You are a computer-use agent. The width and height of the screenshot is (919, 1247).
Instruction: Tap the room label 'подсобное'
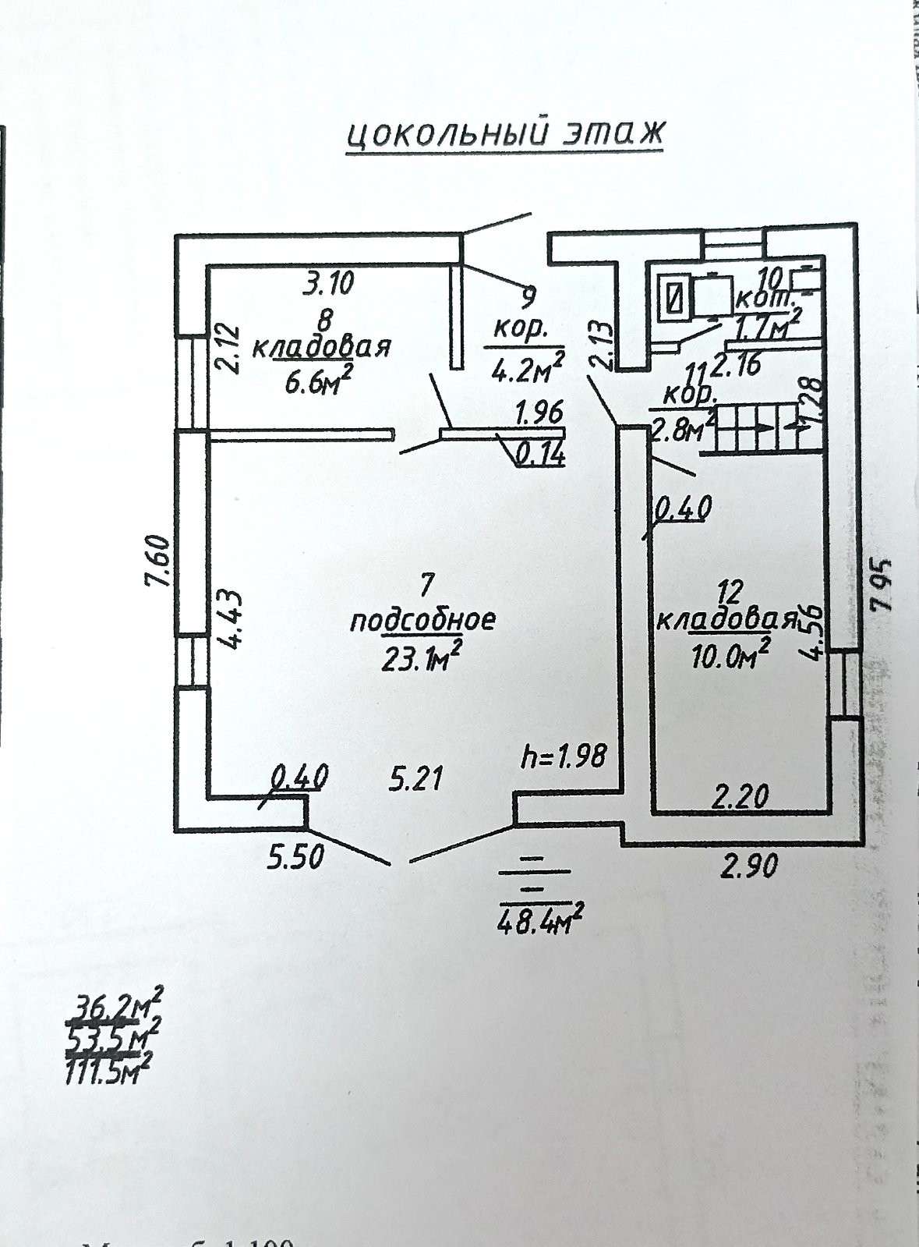(x=422, y=621)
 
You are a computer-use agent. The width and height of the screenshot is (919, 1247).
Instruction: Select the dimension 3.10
(x=327, y=282)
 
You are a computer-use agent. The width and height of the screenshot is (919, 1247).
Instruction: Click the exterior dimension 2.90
(x=748, y=866)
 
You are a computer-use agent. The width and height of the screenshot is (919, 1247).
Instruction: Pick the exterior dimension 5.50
(x=295, y=858)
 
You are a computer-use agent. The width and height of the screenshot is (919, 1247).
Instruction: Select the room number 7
(x=426, y=583)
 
